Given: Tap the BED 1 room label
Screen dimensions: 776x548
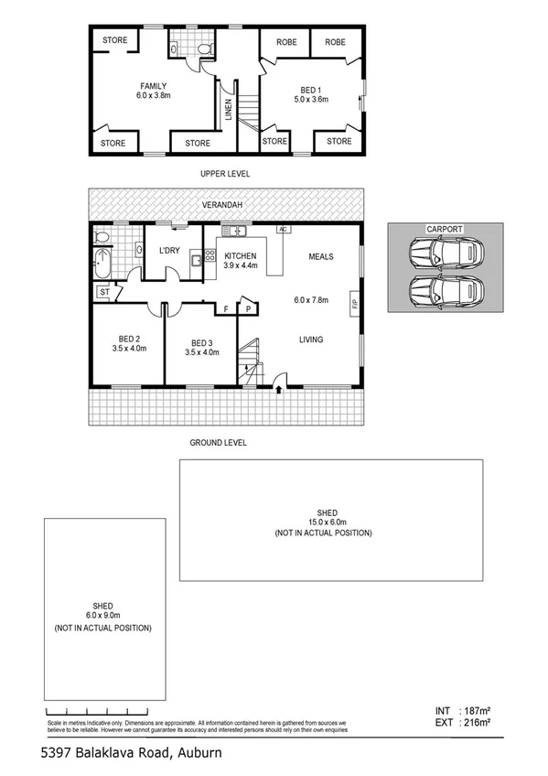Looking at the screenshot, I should [x=312, y=90].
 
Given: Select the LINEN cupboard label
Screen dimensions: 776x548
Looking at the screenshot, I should [x=228, y=110].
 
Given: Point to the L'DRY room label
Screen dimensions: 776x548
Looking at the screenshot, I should [x=169, y=251].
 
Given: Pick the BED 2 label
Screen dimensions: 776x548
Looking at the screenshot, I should [x=127, y=338].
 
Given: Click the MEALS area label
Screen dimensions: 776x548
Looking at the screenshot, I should [x=320, y=257].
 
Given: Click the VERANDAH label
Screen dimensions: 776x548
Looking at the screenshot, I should [x=224, y=205].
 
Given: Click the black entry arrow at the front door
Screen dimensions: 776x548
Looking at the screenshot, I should [x=279, y=390].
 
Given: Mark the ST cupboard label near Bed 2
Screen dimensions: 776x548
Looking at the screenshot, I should [x=102, y=293].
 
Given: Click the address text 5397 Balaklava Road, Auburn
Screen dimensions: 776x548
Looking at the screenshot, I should [x=132, y=753].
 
